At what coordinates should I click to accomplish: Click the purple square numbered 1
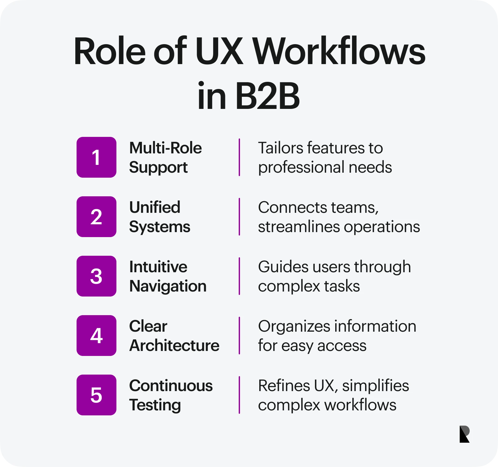(96, 157)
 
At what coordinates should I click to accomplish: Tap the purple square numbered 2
(96, 217)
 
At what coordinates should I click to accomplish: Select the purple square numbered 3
(96, 276)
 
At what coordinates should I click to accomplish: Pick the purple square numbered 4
(96, 335)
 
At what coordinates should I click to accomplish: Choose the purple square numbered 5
(96, 395)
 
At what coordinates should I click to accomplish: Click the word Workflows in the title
(339, 51)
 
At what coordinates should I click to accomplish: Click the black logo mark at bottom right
(464, 434)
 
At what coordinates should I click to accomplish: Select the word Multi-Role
(165, 148)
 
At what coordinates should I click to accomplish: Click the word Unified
(155, 208)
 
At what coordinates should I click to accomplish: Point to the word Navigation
(168, 286)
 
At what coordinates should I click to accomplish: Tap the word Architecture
(174, 346)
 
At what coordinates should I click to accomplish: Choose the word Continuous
(171, 386)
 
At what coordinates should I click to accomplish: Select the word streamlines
(299, 227)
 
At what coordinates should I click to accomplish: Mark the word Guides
(283, 267)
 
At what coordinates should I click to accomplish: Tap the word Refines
(284, 386)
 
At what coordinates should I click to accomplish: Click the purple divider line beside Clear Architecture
(239, 335)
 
